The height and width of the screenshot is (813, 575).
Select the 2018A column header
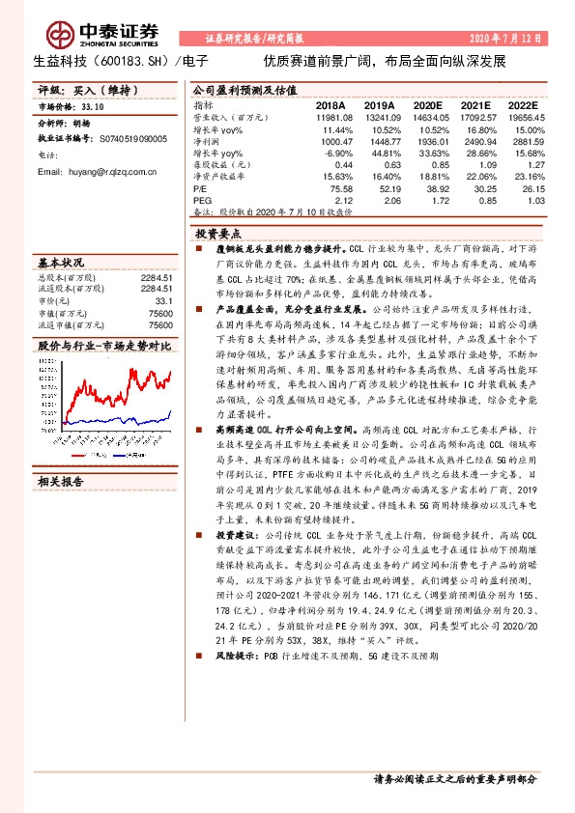point(331,104)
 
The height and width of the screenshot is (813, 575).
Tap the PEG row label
point(202,201)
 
